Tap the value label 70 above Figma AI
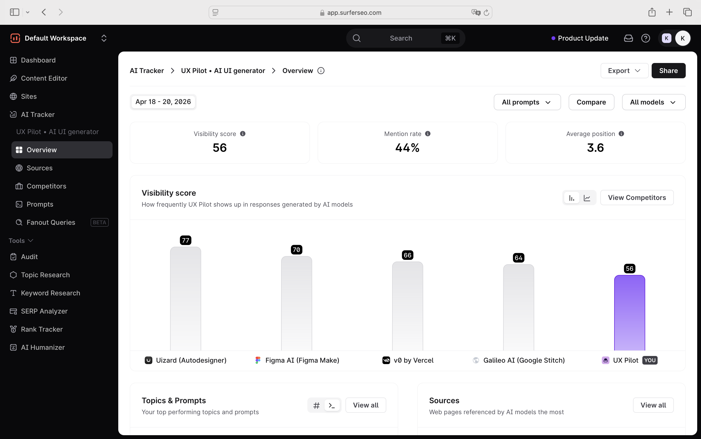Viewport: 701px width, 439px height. (296, 250)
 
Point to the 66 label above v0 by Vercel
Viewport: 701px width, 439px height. (407, 255)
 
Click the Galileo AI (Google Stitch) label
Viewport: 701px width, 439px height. (524, 360)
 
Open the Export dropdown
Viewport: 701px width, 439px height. (624, 71)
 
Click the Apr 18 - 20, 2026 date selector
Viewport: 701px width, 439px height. (163, 102)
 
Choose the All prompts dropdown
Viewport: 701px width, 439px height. (527, 102)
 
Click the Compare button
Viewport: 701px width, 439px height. (591, 102)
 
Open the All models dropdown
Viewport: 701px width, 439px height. (653, 102)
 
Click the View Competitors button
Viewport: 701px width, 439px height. (637, 198)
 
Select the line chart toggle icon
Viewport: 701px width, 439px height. (587, 198)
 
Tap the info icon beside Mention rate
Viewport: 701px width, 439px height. (428, 134)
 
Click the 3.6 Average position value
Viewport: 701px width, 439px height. (595, 148)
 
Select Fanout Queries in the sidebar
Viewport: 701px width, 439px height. (51, 222)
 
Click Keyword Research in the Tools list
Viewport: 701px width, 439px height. (51, 293)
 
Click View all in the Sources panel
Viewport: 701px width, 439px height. (653, 405)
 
